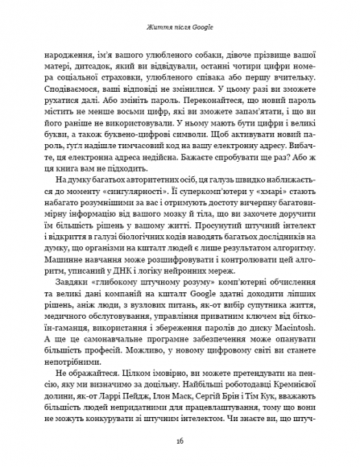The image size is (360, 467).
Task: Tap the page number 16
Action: tap(180, 441)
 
